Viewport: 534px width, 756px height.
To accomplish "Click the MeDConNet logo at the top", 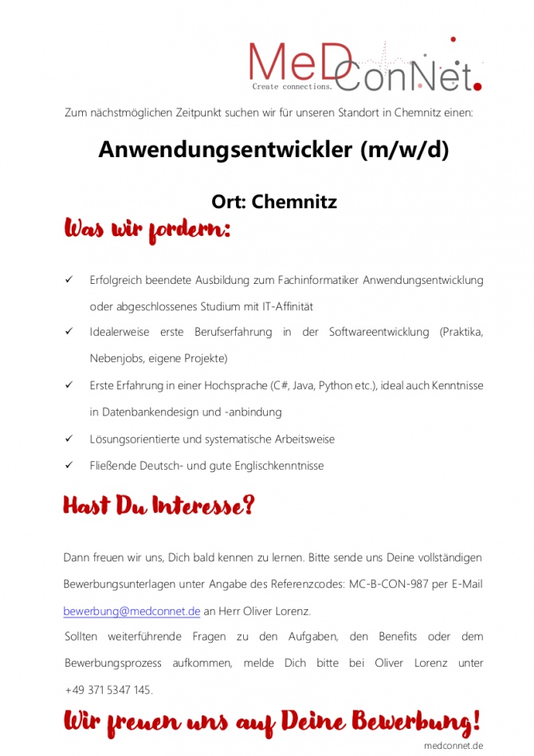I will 365,63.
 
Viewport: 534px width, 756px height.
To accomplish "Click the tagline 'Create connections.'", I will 292,86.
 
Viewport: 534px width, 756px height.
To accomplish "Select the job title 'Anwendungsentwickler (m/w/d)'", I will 273,150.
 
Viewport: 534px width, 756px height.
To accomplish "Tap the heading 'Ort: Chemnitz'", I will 273,202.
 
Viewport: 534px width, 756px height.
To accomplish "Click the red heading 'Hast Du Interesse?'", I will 159,506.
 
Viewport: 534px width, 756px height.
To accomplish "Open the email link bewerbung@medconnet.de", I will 132,611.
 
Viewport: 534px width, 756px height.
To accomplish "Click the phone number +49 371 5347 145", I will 108,690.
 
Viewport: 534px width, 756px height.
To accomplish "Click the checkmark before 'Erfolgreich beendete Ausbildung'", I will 69,280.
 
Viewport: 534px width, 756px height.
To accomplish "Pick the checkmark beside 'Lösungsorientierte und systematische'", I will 69,439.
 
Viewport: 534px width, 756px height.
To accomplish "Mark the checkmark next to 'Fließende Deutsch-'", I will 69,465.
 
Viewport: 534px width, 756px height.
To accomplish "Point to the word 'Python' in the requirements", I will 333,386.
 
